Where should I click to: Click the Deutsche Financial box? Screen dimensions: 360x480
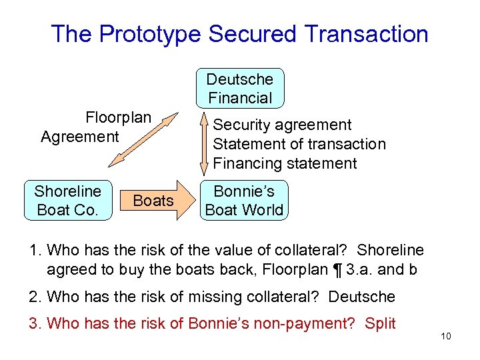[240, 88]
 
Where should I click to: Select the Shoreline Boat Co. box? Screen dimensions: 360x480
[68, 200]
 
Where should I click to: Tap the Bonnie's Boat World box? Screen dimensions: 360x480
[244, 200]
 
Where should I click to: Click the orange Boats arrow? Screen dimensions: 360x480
[155, 200]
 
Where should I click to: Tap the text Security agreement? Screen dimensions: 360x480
[282, 125]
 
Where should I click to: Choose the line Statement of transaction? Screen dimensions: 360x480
[299, 144]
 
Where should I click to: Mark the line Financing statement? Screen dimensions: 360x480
[285, 163]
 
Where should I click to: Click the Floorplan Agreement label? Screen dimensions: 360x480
[97, 127]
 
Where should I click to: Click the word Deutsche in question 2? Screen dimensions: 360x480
[362, 296]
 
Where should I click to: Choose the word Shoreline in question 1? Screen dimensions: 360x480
[390, 250]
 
